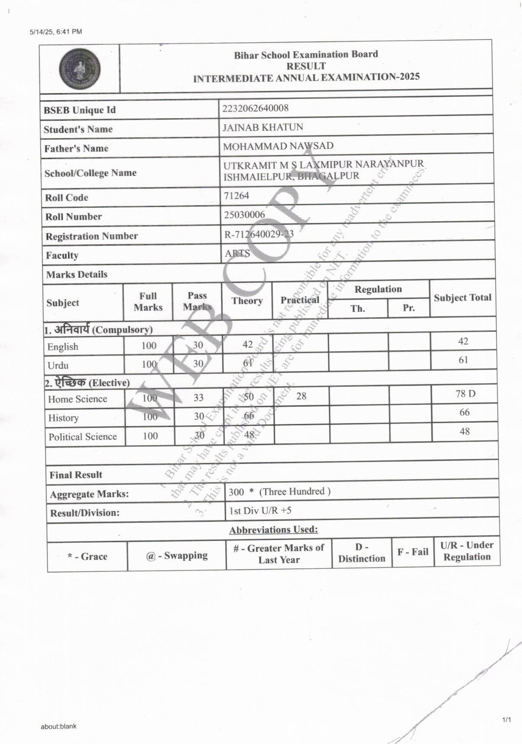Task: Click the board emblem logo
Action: pyautogui.click(x=80, y=69)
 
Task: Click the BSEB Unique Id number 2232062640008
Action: pyautogui.click(x=255, y=108)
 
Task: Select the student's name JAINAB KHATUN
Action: pyautogui.click(x=263, y=127)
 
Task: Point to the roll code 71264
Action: pyautogui.click(x=237, y=196)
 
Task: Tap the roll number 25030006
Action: pyautogui.click(x=244, y=215)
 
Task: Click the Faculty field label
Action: pyautogui.click(x=62, y=255)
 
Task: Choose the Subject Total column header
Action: pyautogui.click(x=463, y=298)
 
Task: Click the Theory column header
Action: pyautogui.click(x=247, y=301)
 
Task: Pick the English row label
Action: pyautogui.click(x=63, y=346)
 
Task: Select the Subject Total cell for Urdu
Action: pyautogui.click(x=463, y=360)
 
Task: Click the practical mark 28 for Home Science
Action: pyautogui.click(x=301, y=396)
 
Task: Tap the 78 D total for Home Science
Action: pyautogui.click(x=465, y=394)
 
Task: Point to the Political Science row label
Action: pyautogui.click(x=83, y=437)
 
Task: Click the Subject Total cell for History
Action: pyautogui.click(x=464, y=412)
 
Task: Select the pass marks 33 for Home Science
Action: pyautogui.click(x=198, y=397)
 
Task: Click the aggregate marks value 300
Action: pyautogui.click(x=237, y=492)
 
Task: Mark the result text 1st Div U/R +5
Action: pyautogui.click(x=260, y=511)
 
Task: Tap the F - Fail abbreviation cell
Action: pyautogui.click(x=413, y=552)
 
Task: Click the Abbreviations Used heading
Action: pyautogui.click(x=273, y=530)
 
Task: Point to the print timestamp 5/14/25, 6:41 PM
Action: pyautogui.click(x=56, y=32)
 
